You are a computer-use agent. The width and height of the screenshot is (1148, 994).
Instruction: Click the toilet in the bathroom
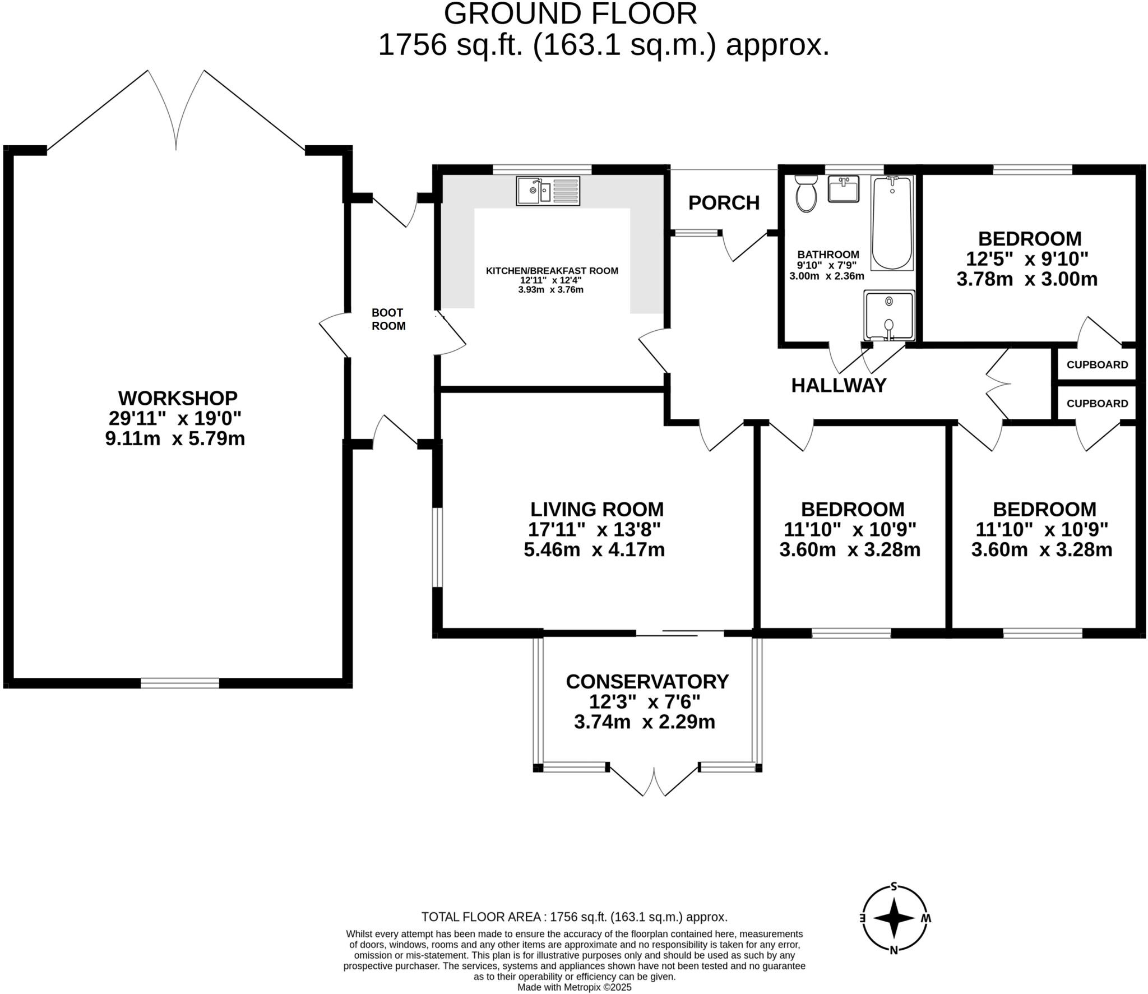(x=806, y=193)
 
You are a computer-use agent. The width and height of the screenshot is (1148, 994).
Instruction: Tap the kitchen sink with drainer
(x=548, y=191)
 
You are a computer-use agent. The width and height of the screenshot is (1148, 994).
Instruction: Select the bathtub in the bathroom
(x=892, y=223)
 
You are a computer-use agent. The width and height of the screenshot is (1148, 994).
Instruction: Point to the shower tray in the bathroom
(x=889, y=315)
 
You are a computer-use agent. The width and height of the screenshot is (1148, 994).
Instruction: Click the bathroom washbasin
(x=843, y=189)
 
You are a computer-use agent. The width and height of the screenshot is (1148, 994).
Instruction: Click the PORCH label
(x=724, y=203)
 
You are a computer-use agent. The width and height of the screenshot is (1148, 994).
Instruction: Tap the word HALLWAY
(x=839, y=385)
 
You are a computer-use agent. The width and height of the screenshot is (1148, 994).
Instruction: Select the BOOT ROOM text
(x=388, y=319)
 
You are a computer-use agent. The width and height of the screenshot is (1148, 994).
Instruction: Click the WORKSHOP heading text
(x=178, y=398)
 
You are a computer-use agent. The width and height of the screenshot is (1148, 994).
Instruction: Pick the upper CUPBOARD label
(x=1097, y=365)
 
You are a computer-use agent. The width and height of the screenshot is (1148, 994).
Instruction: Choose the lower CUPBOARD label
(x=1097, y=404)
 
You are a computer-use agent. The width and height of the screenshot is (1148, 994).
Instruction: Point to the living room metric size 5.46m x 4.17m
(x=594, y=549)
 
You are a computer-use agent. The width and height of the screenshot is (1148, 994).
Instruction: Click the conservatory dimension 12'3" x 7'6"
(x=645, y=701)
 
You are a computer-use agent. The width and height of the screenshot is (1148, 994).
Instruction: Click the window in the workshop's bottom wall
(x=179, y=683)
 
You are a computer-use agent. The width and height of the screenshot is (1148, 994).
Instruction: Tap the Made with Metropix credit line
(x=574, y=987)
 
